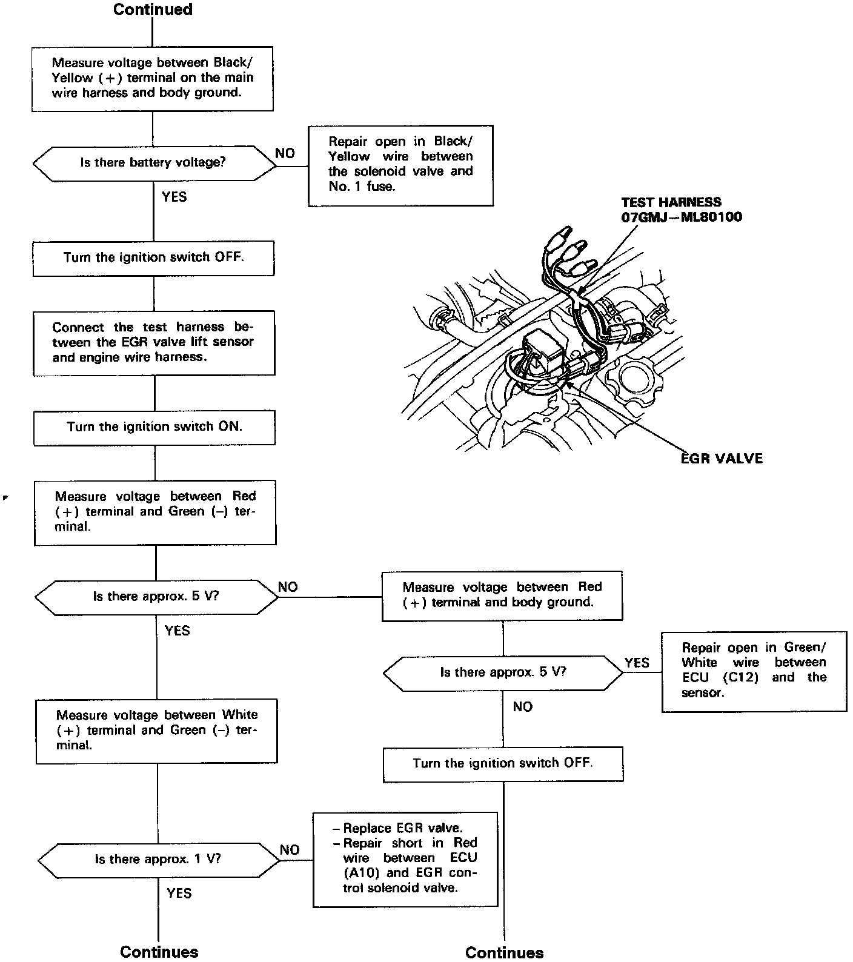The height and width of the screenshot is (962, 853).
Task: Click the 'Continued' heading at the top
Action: pyautogui.click(x=153, y=10)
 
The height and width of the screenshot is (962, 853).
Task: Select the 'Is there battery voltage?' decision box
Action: pyautogui.click(x=153, y=162)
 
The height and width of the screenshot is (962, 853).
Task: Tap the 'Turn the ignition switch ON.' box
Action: pyautogui.click(x=154, y=427)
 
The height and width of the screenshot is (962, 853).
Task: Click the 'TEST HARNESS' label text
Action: pyautogui.click(x=671, y=202)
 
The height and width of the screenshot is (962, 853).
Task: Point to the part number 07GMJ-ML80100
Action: pyautogui.click(x=681, y=217)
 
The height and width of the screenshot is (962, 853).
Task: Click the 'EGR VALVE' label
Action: pyautogui.click(x=722, y=459)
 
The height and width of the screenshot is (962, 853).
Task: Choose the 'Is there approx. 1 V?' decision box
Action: pyautogui.click(x=158, y=859)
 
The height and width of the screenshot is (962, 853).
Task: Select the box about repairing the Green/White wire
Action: pyautogui.click(x=754, y=670)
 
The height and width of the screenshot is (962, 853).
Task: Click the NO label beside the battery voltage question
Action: pyautogui.click(x=285, y=153)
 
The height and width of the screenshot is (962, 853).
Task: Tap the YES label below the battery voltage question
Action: pyautogui.click(x=174, y=197)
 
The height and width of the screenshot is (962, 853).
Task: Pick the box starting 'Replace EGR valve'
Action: pyautogui.click(x=405, y=858)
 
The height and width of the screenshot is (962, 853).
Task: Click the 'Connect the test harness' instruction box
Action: pyautogui.click(x=153, y=342)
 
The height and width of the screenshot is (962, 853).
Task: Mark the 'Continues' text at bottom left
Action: pyautogui.click(x=159, y=952)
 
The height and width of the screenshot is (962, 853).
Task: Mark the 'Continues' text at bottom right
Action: pyautogui.click(x=504, y=952)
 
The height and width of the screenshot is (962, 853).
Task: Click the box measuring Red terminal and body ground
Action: pyautogui.click(x=502, y=595)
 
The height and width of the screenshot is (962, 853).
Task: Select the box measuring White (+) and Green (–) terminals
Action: pyautogui.click(x=156, y=730)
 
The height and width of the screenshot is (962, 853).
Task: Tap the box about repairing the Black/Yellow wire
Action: pyautogui.click(x=400, y=164)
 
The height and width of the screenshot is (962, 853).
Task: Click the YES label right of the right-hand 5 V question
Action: pyautogui.click(x=637, y=663)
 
